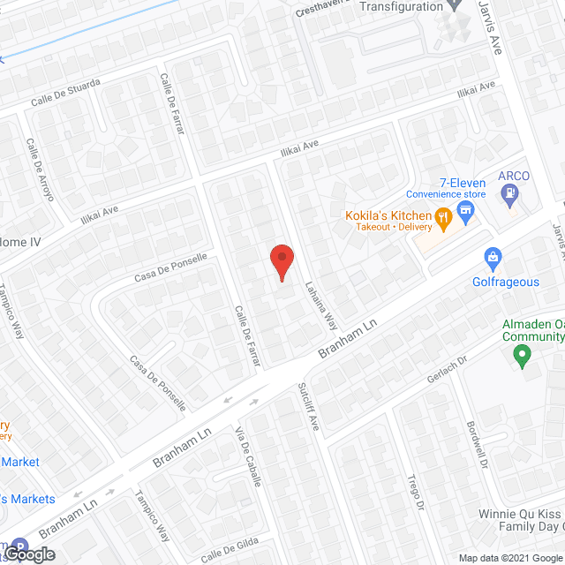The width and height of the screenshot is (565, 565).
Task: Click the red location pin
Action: coord(281,261)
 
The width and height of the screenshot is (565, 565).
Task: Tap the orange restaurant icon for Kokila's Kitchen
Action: coord(443,215)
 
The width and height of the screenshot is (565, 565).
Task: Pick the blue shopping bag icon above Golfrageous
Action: coord(494,259)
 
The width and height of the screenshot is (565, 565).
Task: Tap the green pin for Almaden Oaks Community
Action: coord(522,357)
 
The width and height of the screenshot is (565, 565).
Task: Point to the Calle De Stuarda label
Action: coord(65,93)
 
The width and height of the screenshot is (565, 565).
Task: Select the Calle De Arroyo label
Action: coord(40,169)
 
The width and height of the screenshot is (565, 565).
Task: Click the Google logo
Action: coord(27,554)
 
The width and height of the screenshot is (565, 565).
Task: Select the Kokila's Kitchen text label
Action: coord(381,215)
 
